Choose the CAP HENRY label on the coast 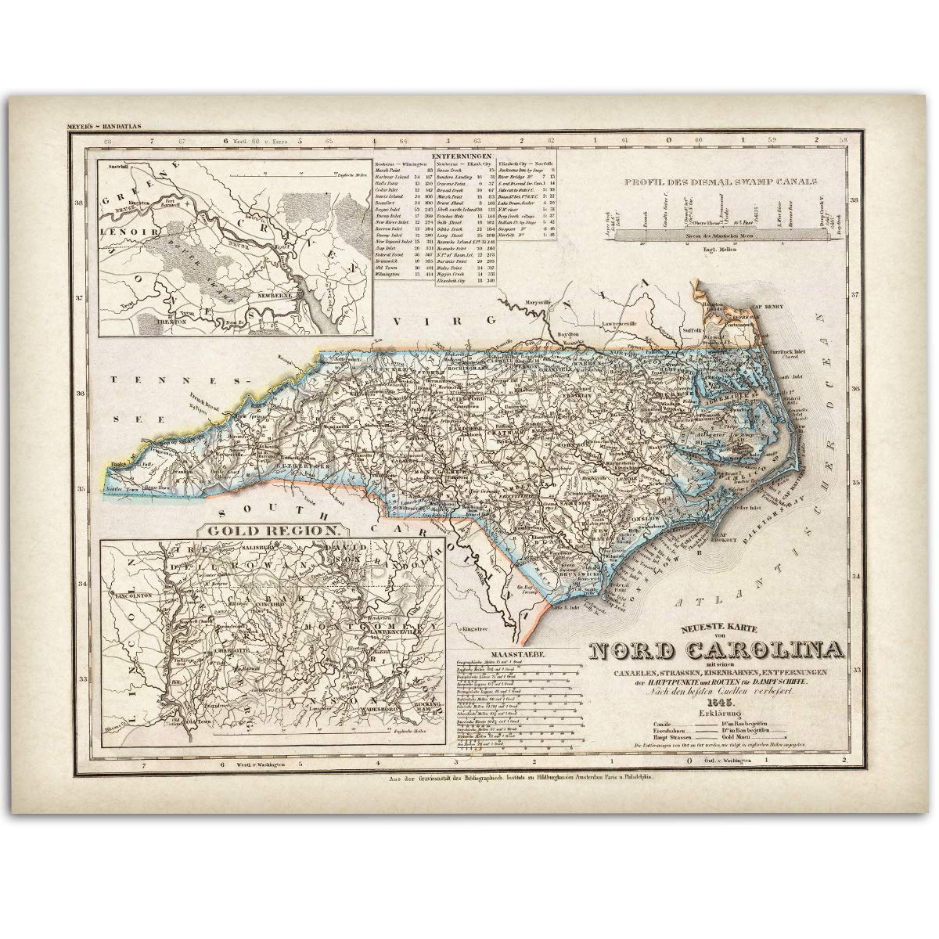(763, 306)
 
